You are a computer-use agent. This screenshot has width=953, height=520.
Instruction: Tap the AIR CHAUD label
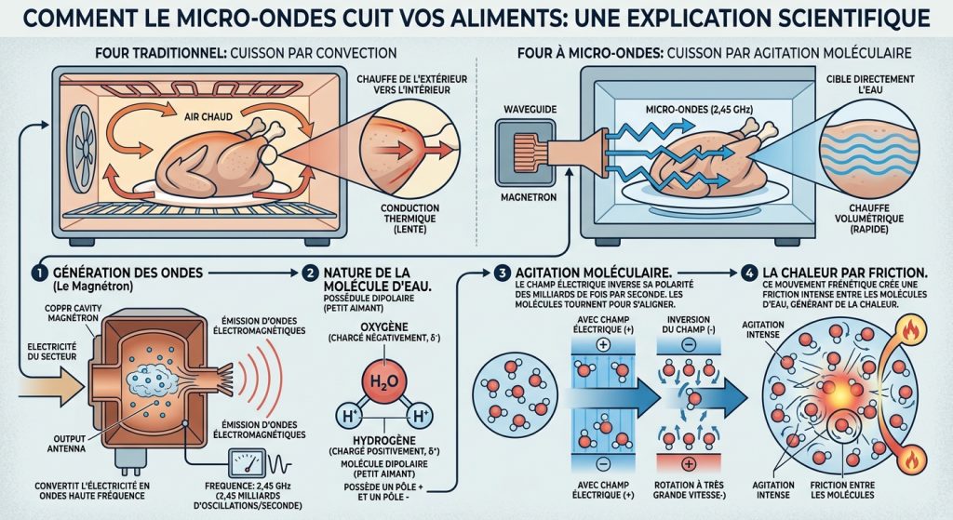(x=208, y=116)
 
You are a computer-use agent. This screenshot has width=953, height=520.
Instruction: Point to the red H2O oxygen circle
(x=384, y=381)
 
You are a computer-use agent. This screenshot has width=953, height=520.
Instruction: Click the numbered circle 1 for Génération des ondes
(x=39, y=273)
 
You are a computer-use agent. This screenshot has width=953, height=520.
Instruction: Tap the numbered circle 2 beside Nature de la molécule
(x=310, y=273)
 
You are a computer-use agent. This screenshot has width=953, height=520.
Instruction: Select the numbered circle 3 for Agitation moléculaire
(x=502, y=273)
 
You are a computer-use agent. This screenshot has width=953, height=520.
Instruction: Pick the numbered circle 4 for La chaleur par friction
(x=749, y=273)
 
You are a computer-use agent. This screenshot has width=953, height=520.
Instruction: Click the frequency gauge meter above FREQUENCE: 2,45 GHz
(x=247, y=463)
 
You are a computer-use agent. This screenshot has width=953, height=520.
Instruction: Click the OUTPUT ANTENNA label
(x=66, y=444)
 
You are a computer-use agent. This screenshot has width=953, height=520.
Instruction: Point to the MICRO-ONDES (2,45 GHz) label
(x=699, y=110)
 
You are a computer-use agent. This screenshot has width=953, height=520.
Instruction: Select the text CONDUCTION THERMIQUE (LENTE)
(x=409, y=219)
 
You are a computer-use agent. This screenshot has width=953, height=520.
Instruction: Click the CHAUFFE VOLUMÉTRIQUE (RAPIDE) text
(x=869, y=219)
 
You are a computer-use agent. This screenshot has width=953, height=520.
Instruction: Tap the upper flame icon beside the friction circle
(x=910, y=330)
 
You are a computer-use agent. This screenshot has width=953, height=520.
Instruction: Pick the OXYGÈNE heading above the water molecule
(x=384, y=327)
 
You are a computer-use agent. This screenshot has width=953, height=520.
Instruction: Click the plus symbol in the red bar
(x=688, y=464)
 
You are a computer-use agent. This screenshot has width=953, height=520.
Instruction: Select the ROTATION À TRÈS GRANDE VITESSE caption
(x=689, y=489)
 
